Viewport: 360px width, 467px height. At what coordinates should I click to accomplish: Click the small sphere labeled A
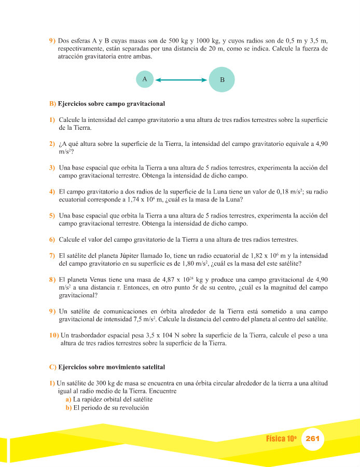pyautogui.click(x=145, y=79)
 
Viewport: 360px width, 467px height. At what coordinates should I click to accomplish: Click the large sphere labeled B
pyautogui.click(x=222, y=80)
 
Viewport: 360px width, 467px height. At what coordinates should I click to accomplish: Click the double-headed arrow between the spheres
pyautogui.click(x=181, y=80)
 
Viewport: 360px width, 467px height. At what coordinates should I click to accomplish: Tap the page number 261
pyautogui.click(x=313, y=438)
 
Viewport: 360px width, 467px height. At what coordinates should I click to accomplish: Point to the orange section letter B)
pyautogui.click(x=53, y=104)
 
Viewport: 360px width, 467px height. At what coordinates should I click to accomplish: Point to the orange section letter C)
pyautogui.click(x=53, y=367)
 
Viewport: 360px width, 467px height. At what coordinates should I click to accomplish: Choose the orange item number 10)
pyautogui.click(x=53, y=335)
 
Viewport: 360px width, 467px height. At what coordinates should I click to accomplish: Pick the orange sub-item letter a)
pyautogui.click(x=68, y=400)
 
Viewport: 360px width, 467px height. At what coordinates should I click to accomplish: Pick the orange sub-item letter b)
pyautogui.click(x=68, y=408)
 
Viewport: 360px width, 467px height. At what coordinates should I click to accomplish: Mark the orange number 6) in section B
pyautogui.click(x=52, y=239)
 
